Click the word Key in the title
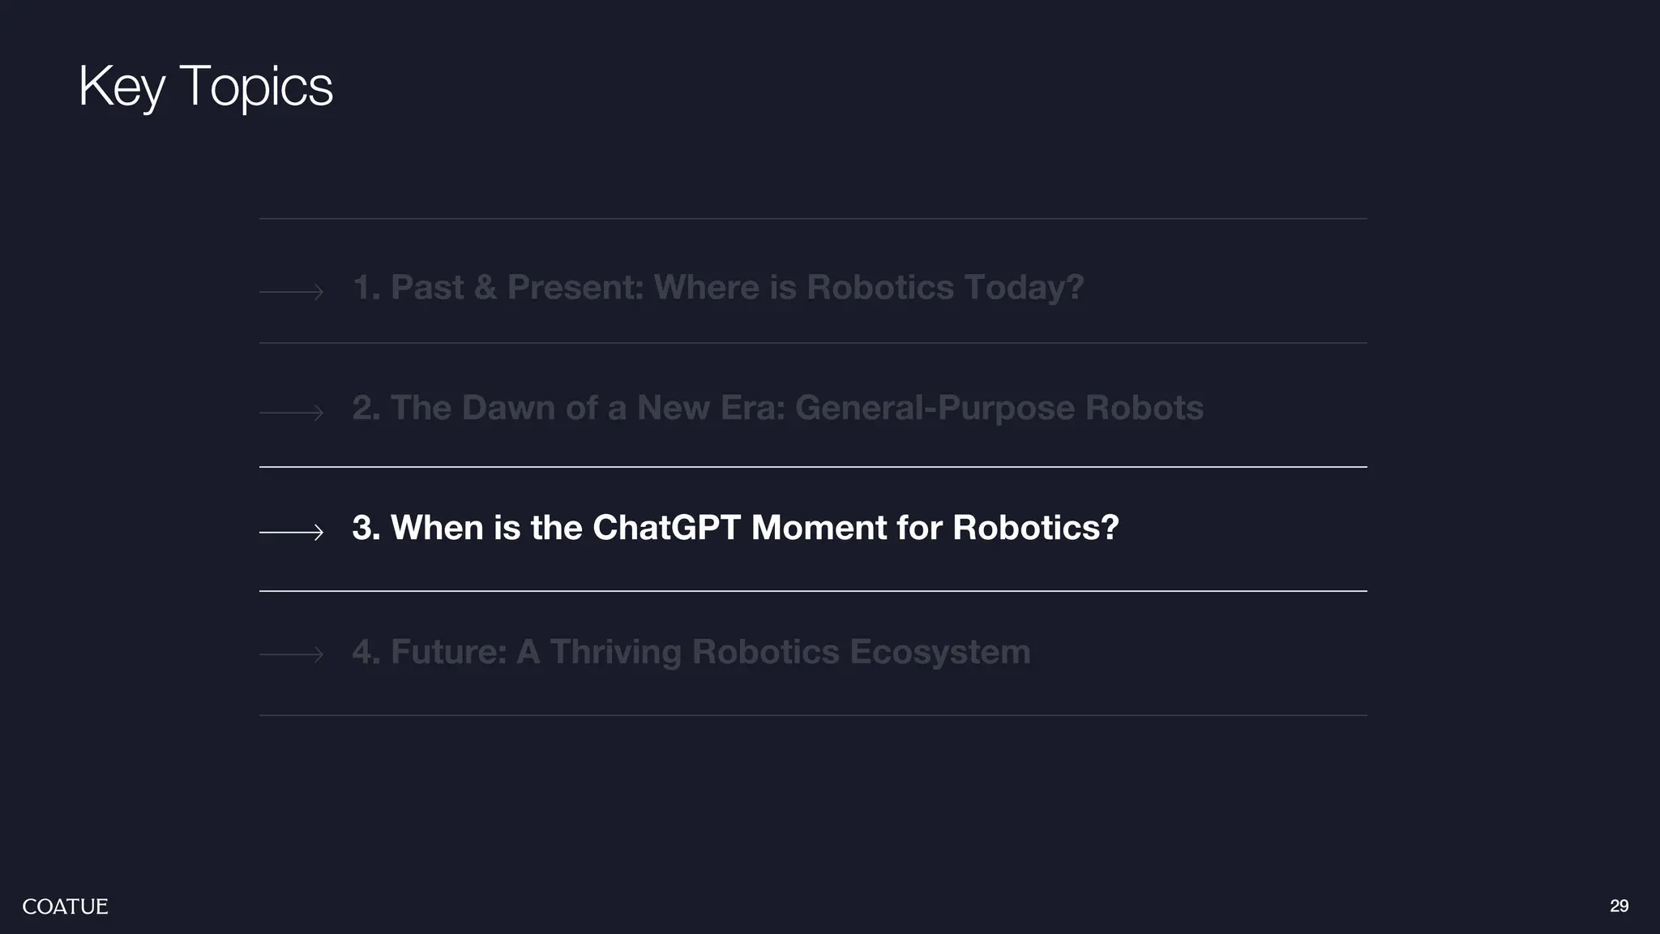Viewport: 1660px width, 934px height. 122,86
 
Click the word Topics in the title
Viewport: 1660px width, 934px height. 255,86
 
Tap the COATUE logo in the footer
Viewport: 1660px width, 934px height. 65,906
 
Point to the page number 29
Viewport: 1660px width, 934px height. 1619,906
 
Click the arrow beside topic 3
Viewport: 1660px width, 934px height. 291,532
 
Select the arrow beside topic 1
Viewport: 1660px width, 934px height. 291,291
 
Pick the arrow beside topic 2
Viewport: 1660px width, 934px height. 291,413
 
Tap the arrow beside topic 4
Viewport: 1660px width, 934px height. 291,653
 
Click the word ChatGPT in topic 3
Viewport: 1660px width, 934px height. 666,528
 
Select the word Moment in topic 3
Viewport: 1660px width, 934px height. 819,528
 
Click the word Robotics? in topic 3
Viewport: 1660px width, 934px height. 1035,528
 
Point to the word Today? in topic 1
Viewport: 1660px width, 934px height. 1023,288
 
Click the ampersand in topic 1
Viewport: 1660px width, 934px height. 485,288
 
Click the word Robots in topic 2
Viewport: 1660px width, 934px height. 1144,408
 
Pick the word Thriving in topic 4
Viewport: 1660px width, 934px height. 614,652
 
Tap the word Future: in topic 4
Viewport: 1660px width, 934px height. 448,652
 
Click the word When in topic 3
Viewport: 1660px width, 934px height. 437,528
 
